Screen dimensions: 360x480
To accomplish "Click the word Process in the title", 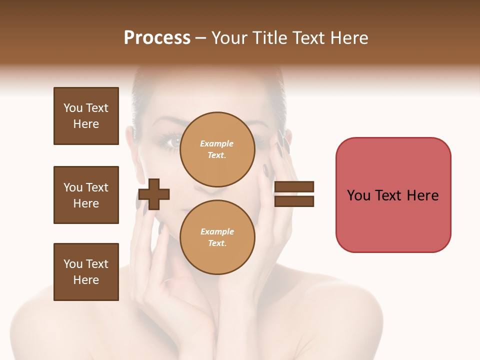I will click(157, 38).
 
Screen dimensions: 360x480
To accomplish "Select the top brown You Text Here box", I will click(86, 116).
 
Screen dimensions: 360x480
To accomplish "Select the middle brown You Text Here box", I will click(86, 195).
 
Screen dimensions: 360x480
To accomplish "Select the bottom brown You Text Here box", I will click(86, 272).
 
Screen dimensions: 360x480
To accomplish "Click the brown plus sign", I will click(153, 194).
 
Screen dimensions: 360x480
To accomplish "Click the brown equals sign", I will click(294, 194).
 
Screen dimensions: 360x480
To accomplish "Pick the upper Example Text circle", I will click(217, 149).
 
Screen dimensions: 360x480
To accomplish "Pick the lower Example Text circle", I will click(217, 237).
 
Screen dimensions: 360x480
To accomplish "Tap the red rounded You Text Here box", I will click(393, 195).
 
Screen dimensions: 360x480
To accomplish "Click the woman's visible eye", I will click(172, 141).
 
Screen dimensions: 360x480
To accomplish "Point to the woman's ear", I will click(129, 139).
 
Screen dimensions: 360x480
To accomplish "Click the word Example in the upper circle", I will click(217, 143).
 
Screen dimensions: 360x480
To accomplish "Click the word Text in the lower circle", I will click(217, 243).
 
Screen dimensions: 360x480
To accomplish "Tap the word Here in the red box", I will click(422, 195).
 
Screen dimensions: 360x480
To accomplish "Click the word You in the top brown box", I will click(72, 108).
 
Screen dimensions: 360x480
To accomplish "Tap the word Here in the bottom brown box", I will click(86, 280).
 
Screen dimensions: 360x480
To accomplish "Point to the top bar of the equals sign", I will click(294, 187).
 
